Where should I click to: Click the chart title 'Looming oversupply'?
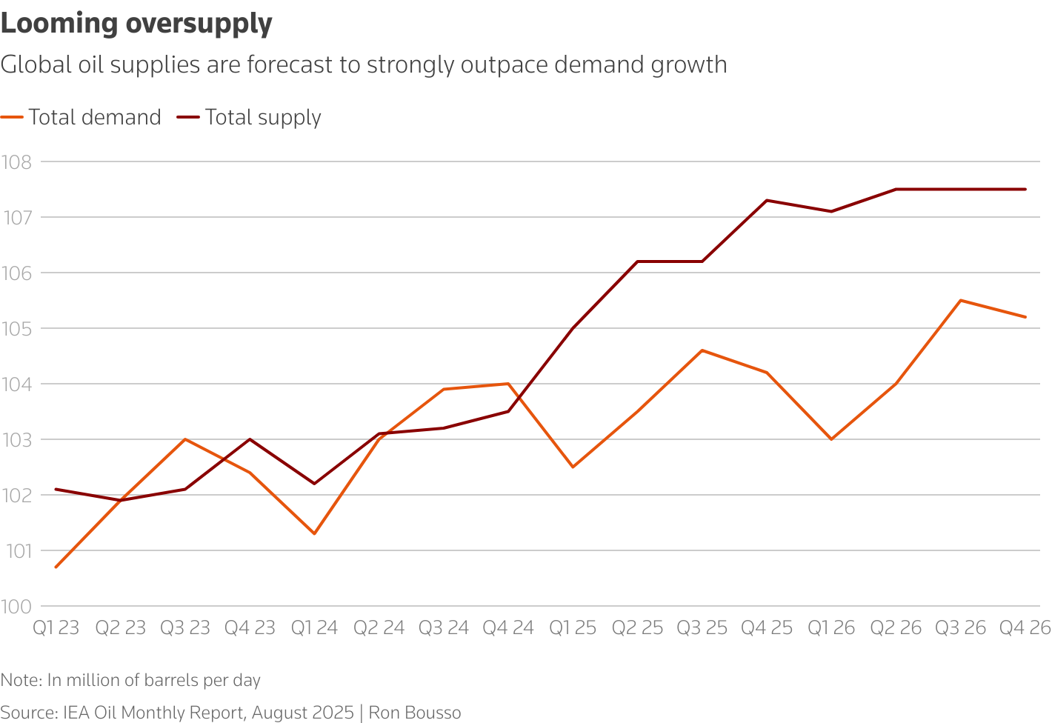pyautogui.click(x=136, y=24)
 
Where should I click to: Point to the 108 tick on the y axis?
pyautogui.click(x=16, y=161)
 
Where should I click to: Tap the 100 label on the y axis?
pyautogui.click(x=16, y=607)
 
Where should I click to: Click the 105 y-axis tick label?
pyautogui.click(x=16, y=328)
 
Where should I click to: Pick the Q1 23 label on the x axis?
pyautogui.click(x=56, y=628)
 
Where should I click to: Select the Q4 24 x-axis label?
pyautogui.click(x=508, y=628)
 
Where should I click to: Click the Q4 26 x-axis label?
pyautogui.click(x=1025, y=628)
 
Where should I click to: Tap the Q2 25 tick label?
pyautogui.click(x=637, y=628)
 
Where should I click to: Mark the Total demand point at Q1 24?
pyautogui.click(x=314, y=533)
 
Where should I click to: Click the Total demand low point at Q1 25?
pyautogui.click(x=573, y=467)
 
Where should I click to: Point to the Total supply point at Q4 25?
pyautogui.click(x=767, y=200)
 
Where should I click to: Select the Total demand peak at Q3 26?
pyautogui.click(x=961, y=300)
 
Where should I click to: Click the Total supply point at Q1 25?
pyautogui.click(x=573, y=328)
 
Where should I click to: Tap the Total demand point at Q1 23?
pyautogui.click(x=56, y=567)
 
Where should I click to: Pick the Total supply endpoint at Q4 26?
pyautogui.click(x=1025, y=189)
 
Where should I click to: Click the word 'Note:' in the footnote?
pyautogui.click(x=21, y=680)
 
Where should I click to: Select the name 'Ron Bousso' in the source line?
pyautogui.click(x=415, y=713)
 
